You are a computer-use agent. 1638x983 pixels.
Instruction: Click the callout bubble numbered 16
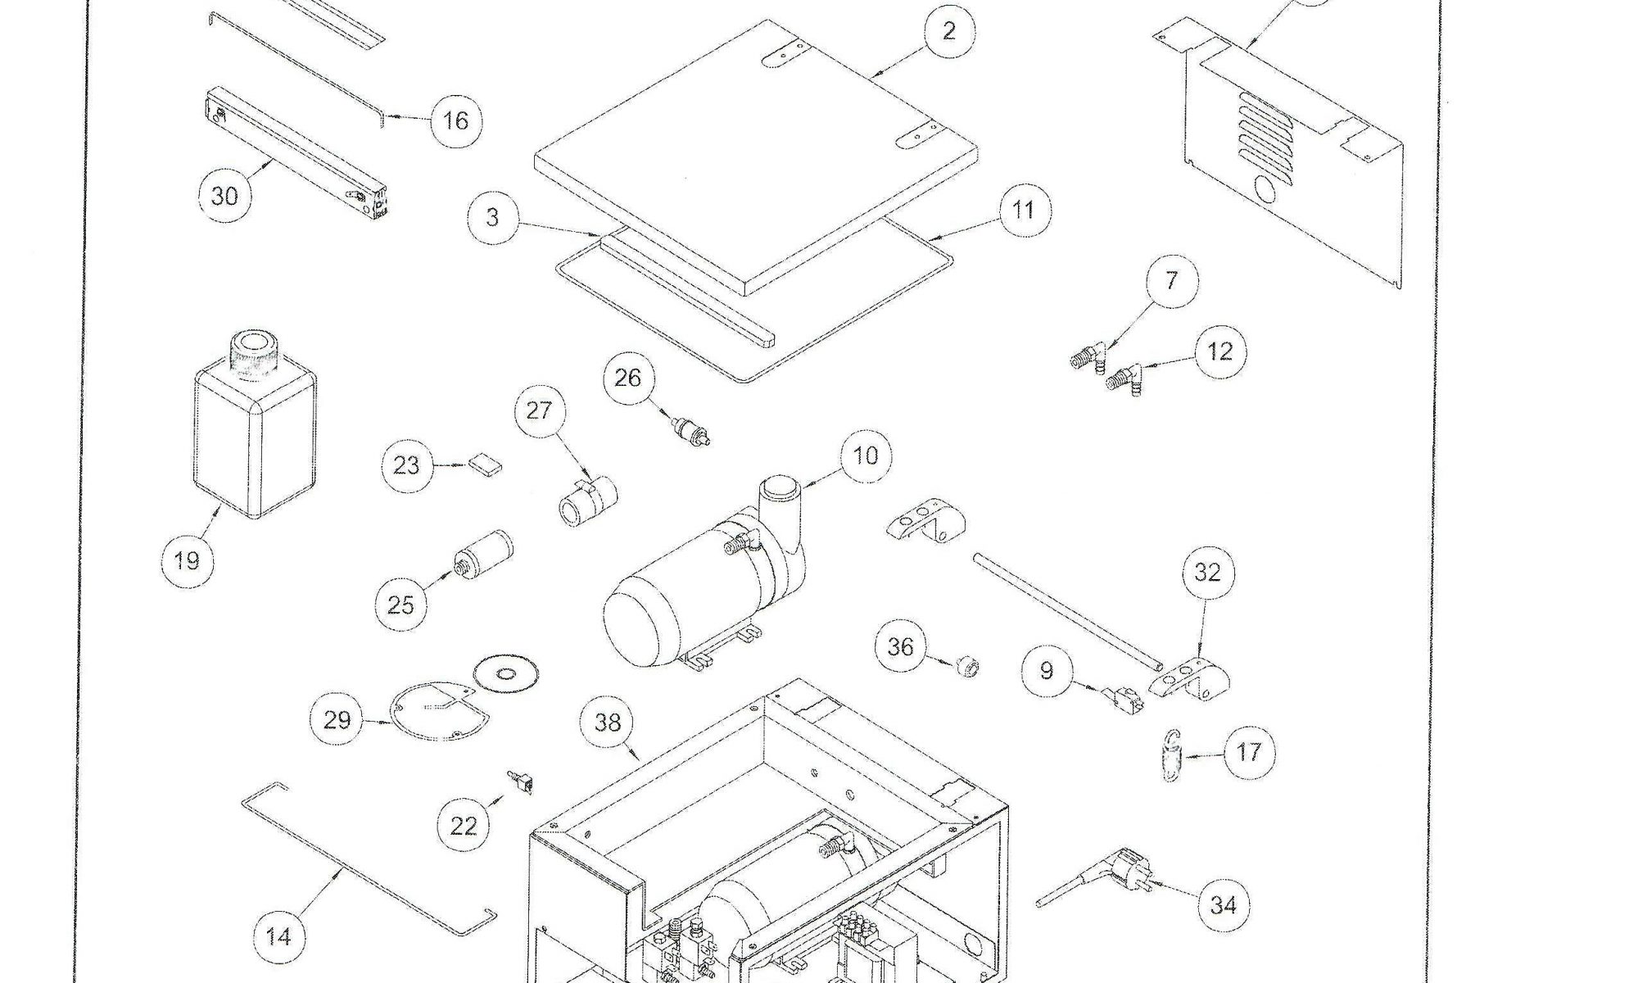455,121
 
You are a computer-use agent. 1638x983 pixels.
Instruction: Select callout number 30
224,196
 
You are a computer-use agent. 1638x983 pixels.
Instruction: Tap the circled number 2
949,31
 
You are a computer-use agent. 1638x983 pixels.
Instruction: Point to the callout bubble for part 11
1024,211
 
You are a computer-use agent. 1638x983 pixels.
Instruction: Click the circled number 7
1171,281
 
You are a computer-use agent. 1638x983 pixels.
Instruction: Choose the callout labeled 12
1219,351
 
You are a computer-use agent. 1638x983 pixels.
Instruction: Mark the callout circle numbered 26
628,378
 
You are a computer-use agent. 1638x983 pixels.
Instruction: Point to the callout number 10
865,455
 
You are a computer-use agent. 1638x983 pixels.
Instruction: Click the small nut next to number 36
969,668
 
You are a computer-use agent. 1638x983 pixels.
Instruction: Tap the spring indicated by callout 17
1172,755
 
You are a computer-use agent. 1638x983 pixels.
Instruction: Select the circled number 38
607,723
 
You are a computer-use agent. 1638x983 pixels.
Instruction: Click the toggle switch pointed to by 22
522,782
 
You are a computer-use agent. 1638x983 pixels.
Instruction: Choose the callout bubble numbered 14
278,936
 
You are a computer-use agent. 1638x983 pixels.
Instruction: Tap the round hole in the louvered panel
1265,192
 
